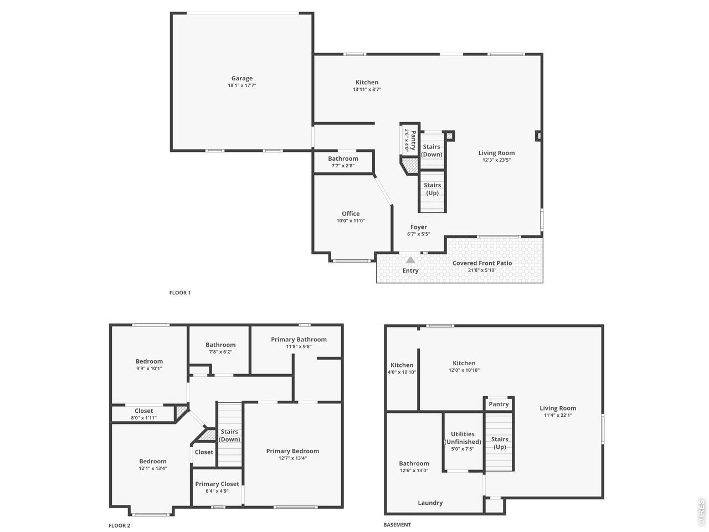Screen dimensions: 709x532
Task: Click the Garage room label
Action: point(242,78)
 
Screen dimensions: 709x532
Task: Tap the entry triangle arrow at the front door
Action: point(410,260)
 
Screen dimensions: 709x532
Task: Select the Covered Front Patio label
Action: point(482,263)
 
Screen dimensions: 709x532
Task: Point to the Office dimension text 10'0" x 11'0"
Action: point(351,221)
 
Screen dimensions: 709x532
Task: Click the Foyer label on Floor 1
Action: point(419,227)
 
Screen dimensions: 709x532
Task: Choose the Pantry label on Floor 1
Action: point(413,140)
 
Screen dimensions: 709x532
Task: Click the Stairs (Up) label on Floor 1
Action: point(432,189)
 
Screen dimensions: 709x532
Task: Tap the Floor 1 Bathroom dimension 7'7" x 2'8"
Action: point(343,166)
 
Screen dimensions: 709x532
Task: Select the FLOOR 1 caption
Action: point(180,293)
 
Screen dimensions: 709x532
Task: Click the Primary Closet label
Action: point(217,484)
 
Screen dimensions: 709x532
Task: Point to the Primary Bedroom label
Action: point(292,451)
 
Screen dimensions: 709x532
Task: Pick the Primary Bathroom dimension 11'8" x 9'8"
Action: point(299,346)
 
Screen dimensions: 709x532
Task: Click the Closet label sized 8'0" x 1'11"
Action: point(143,411)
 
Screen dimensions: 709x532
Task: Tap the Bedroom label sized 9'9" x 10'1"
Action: point(149,361)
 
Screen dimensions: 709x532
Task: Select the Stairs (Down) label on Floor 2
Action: point(229,436)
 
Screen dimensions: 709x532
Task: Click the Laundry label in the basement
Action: point(430,503)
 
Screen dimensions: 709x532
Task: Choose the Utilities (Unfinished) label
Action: point(463,438)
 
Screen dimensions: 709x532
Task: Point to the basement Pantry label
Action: point(499,404)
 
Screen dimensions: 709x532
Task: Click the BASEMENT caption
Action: point(397,525)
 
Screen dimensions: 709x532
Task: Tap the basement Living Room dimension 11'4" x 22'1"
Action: point(558,416)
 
